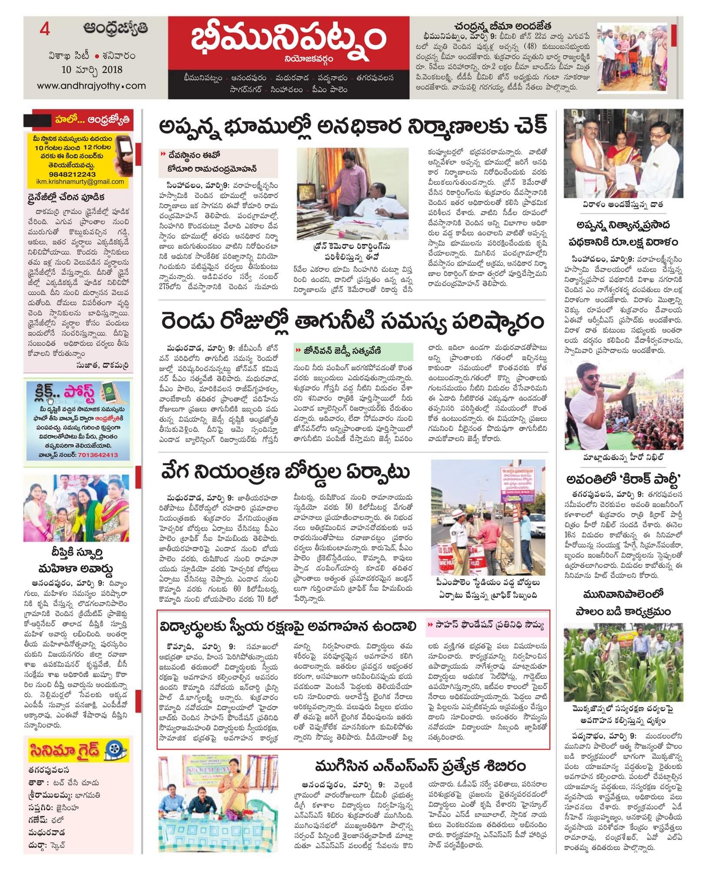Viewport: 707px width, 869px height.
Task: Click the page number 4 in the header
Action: click(x=43, y=30)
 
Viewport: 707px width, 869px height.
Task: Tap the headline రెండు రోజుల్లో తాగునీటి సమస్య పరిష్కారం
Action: click(x=352, y=323)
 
